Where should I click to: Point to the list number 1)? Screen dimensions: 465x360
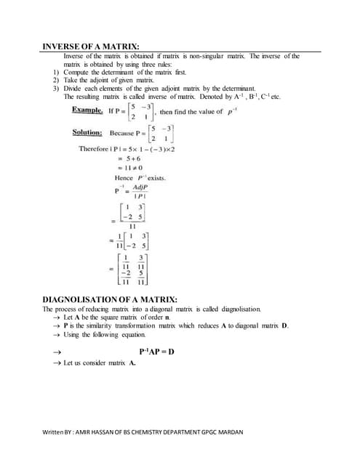(56, 73)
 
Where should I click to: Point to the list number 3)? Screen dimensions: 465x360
(56, 89)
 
